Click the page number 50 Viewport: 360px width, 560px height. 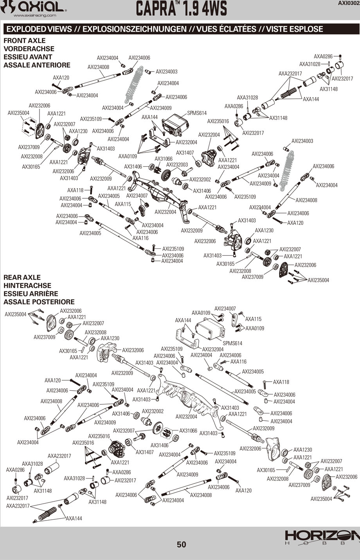click(x=181, y=544)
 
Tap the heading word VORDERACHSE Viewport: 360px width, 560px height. click(x=29, y=49)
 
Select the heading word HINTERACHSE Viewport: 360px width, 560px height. click(x=27, y=285)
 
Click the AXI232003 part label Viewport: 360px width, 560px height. click(x=177, y=165)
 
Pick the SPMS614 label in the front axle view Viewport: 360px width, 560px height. click(x=197, y=113)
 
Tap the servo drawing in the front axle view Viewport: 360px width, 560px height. click(x=175, y=125)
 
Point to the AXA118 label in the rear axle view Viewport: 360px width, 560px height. click(x=281, y=382)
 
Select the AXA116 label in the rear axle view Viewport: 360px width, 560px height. click(x=238, y=362)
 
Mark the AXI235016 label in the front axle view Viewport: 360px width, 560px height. click(x=218, y=121)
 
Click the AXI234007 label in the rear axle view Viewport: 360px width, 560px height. click(x=225, y=309)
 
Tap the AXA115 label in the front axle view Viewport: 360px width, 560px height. click(x=123, y=204)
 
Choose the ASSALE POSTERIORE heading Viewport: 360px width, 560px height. click(x=39, y=302)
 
